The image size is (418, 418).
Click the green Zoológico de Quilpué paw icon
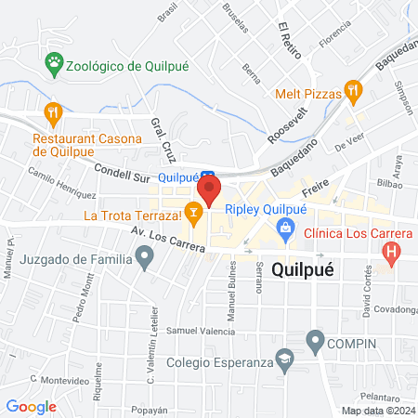pos(54,65)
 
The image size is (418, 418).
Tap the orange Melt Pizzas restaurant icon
pos(352,91)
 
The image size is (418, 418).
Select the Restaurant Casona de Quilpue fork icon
pos(54,114)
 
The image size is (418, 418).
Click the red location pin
pos(210,193)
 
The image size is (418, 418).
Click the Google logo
pos(32,406)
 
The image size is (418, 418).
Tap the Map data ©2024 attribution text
pos(377,411)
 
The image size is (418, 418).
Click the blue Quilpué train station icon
pos(208,176)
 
